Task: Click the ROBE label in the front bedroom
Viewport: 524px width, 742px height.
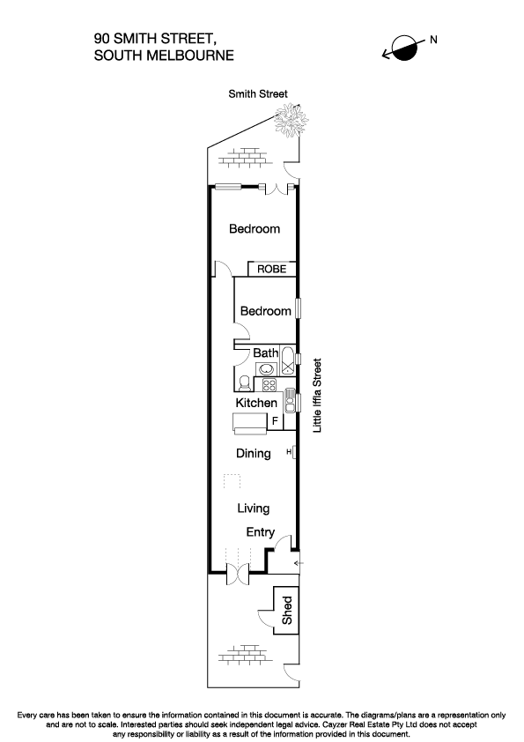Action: coord(271,270)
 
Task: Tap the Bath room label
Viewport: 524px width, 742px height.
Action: coord(265,352)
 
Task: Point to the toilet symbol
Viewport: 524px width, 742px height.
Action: coord(242,382)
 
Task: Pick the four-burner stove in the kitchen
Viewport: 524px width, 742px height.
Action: coord(269,384)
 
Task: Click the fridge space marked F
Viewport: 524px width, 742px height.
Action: coord(274,422)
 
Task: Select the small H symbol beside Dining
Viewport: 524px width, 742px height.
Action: coord(289,453)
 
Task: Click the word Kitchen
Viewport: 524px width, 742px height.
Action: coord(256,403)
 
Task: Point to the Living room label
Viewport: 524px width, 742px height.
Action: coord(253,508)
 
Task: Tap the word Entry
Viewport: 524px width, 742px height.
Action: coord(260,532)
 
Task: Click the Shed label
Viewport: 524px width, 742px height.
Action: coord(286,611)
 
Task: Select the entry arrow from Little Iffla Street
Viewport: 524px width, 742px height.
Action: coord(297,560)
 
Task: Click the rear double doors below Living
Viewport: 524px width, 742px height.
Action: coord(239,575)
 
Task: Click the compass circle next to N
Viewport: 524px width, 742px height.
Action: coord(406,48)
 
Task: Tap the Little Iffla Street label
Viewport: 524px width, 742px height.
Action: coord(318,394)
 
